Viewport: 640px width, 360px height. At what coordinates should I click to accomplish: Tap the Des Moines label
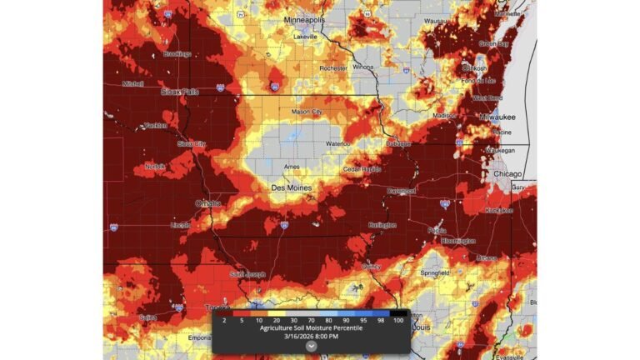292,188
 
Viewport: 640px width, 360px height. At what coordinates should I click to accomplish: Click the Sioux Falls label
180,92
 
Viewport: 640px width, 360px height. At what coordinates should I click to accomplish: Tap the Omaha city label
208,203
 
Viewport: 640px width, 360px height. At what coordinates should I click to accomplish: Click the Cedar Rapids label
362,169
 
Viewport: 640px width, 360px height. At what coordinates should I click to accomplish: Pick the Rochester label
333,67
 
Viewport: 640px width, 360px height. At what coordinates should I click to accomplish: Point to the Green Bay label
493,43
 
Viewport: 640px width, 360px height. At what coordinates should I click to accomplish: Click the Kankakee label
499,210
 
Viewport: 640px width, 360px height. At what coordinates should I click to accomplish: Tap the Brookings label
177,54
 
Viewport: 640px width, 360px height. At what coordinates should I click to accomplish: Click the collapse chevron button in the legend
310,346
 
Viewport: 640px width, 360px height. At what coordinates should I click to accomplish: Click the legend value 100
397,320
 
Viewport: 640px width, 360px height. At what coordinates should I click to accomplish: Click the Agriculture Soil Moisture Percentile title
310,327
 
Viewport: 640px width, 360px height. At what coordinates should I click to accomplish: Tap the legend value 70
310,320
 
